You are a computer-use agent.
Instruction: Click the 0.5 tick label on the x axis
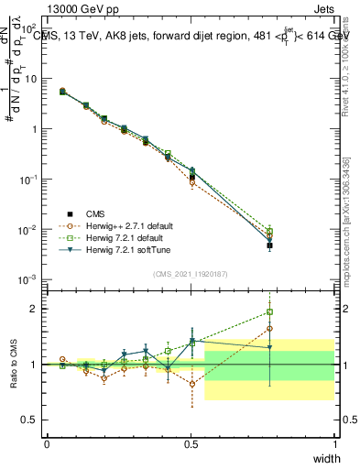[191, 444]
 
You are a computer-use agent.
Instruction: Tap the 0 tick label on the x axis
[48, 444]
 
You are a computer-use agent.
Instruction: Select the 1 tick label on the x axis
[334, 444]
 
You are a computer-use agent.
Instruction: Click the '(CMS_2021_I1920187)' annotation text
[191, 273]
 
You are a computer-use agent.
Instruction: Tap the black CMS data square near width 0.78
[269, 245]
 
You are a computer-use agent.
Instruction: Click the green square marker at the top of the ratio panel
[269, 311]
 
